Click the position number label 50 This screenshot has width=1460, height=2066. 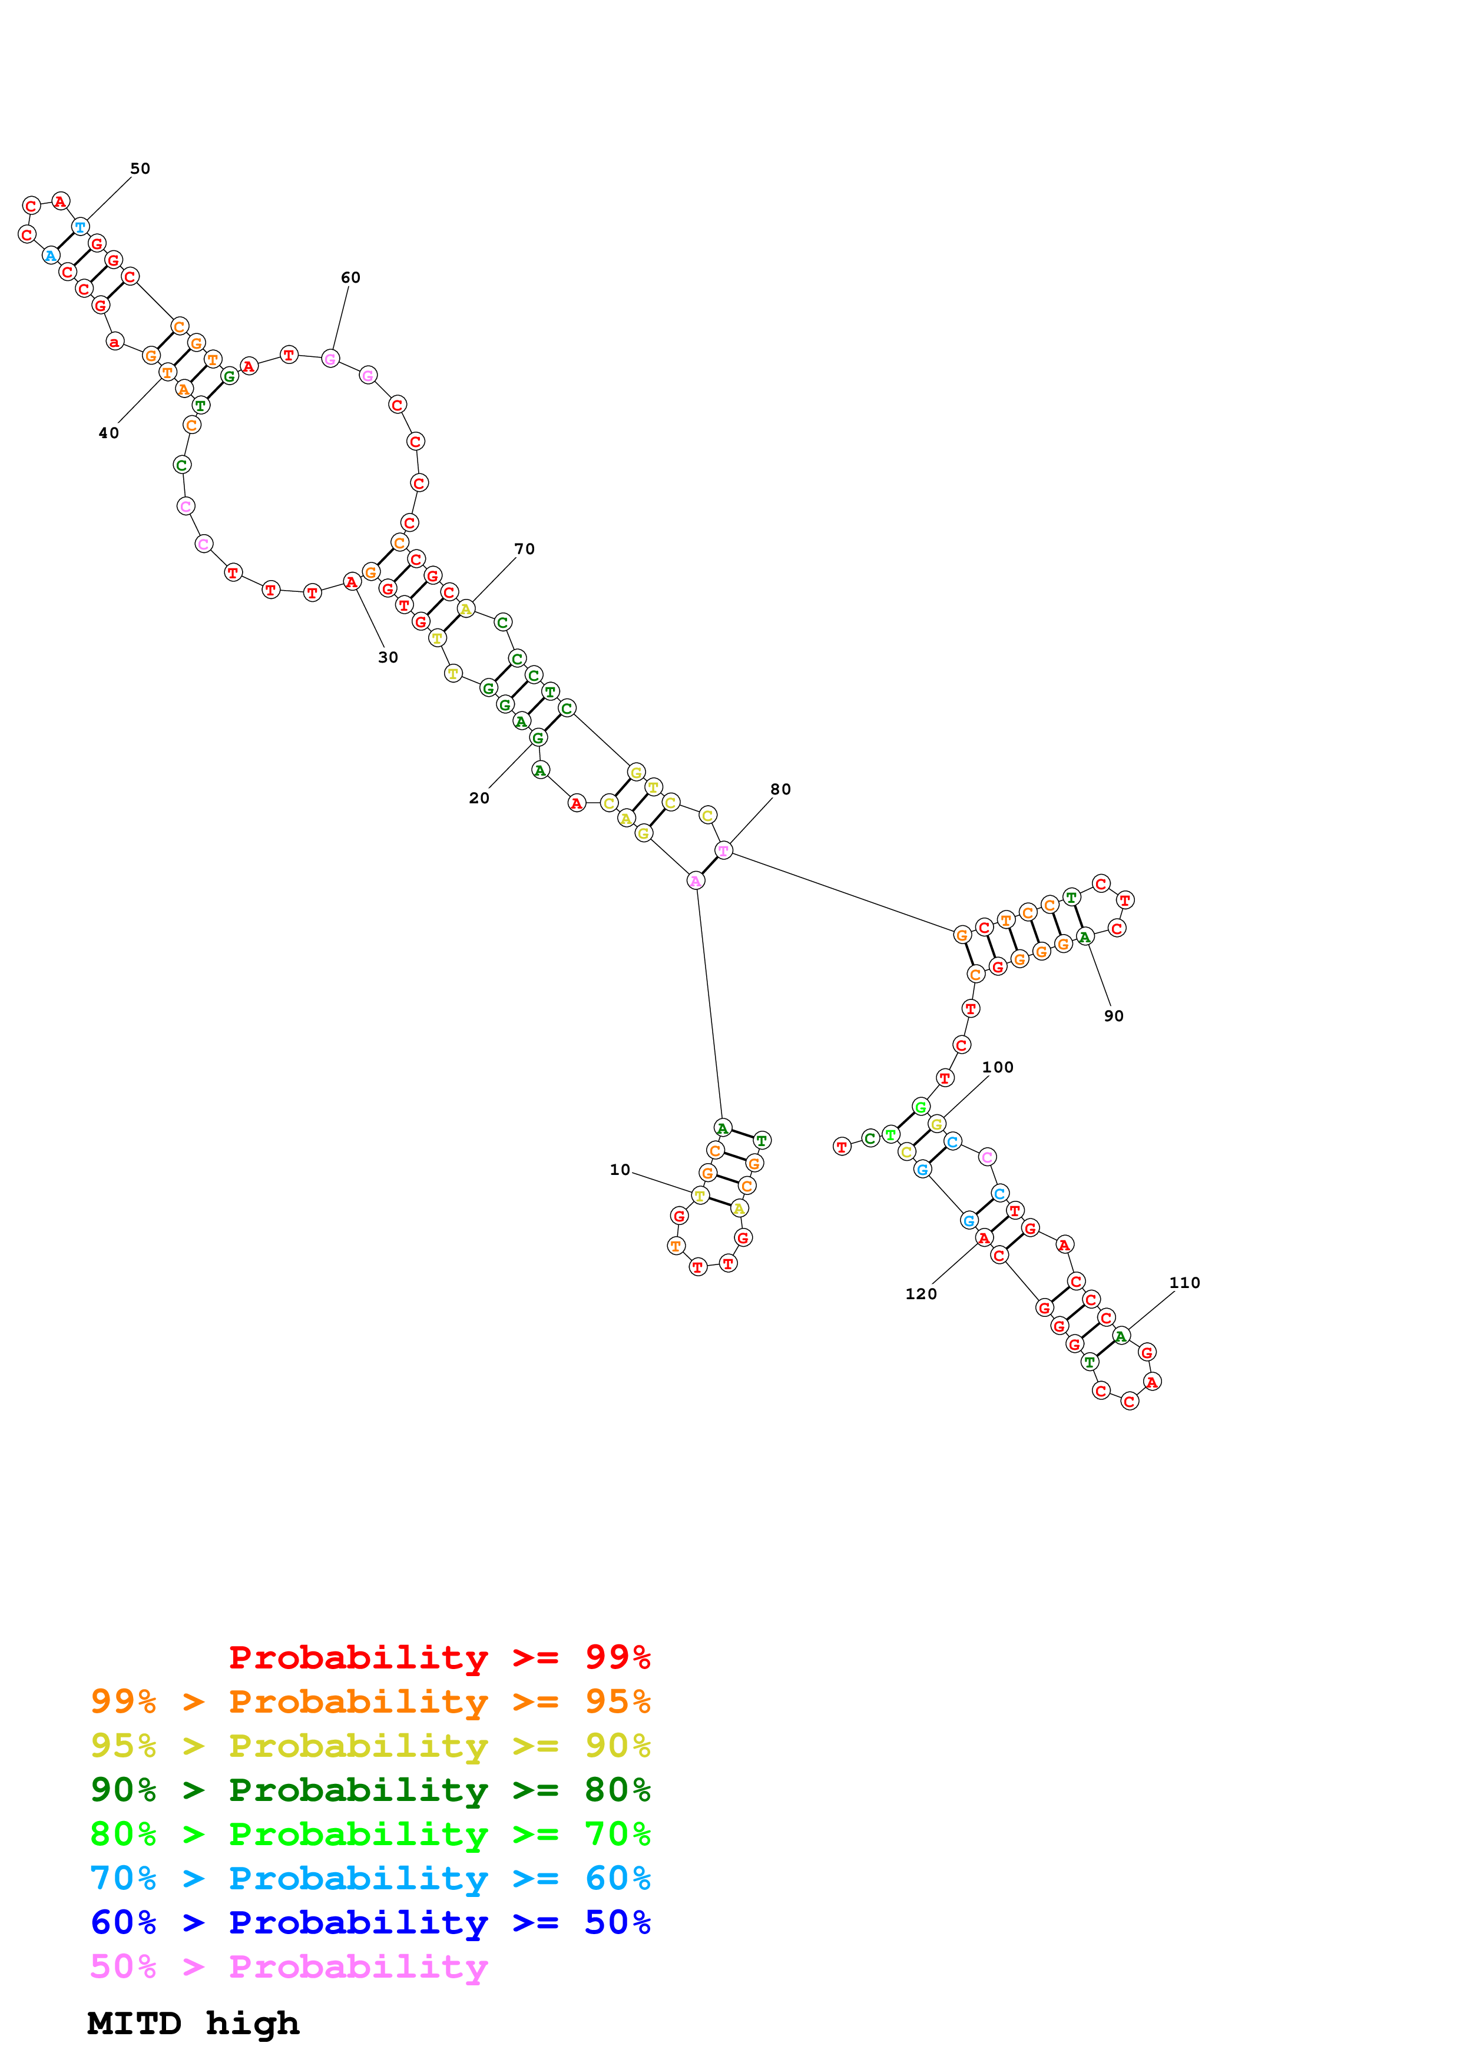coord(140,168)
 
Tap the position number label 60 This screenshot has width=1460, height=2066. coord(350,277)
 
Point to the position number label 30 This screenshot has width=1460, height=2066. coord(388,657)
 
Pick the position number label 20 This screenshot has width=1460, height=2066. coord(479,797)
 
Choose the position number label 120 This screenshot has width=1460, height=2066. coord(921,1293)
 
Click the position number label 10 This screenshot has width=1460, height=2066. coord(620,1169)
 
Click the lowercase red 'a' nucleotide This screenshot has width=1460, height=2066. coord(114,342)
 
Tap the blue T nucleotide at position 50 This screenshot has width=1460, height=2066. coord(80,227)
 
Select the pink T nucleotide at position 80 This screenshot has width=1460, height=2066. coord(723,850)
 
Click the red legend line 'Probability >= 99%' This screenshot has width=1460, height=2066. coord(439,1657)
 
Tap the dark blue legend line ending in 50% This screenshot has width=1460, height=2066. coord(370,1922)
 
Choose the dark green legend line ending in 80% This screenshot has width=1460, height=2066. coord(370,1790)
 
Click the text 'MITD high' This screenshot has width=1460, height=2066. coord(193,2023)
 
